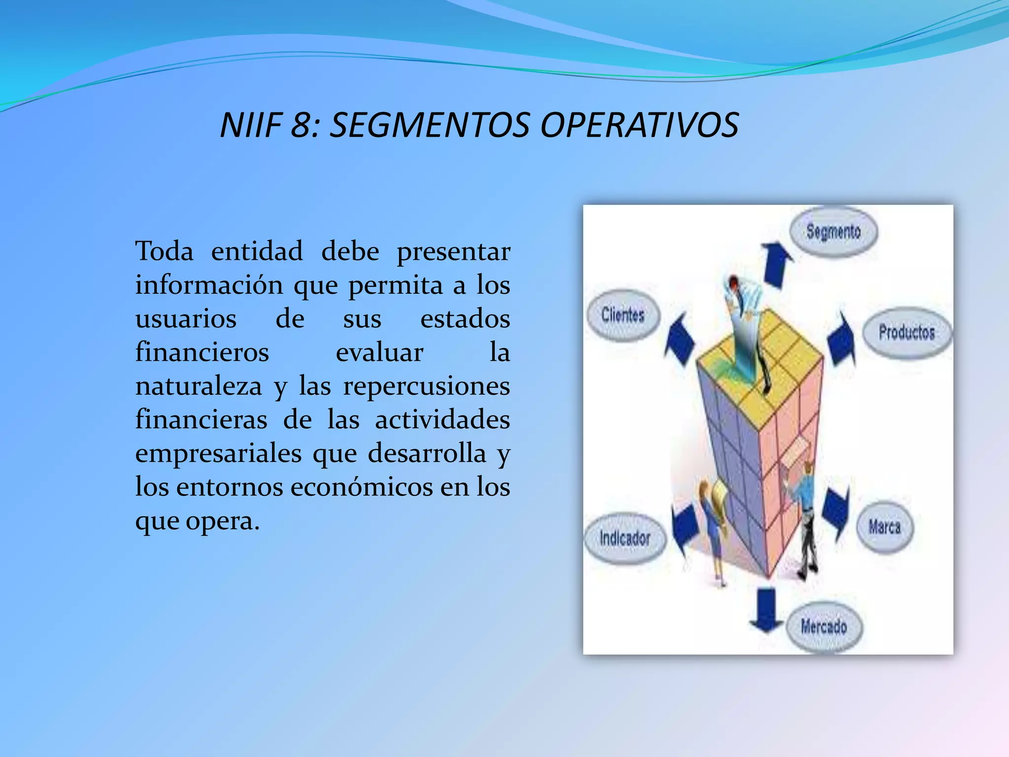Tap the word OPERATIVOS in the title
point(639,125)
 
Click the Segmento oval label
point(833,232)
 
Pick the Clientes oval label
point(623,314)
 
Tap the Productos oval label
point(907,332)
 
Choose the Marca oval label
point(884,527)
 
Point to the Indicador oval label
point(625,538)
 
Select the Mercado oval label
point(823,627)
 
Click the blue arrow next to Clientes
point(680,340)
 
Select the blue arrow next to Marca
point(837,513)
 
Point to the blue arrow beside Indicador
point(685,530)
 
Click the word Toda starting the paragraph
point(165,251)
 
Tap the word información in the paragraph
point(209,285)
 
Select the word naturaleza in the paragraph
point(199,386)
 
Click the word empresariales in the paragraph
point(218,453)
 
